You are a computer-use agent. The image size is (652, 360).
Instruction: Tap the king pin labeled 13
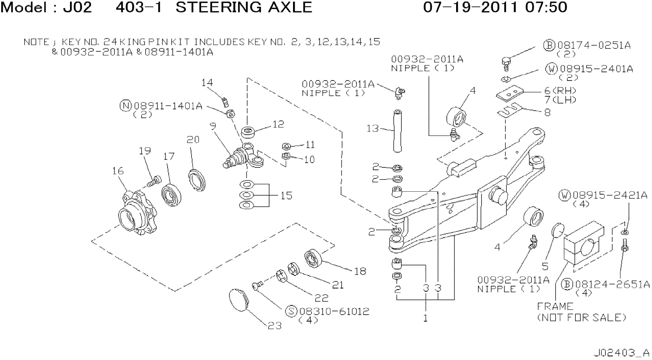pyautogui.click(x=397, y=130)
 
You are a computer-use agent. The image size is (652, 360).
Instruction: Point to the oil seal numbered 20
pyautogui.click(x=197, y=179)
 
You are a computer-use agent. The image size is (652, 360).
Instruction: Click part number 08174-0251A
pyautogui.click(x=594, y=45)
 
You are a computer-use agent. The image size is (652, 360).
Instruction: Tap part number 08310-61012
pyautogui.click(x=334, y=311)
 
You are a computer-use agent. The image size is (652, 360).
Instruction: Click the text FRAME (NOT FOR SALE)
pyautogui.click(x=581, y=312)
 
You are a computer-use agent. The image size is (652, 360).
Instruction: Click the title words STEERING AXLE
pyautogui.click(x=244, y=7)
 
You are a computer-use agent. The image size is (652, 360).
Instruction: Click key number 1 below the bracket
pyautogui.click(x=425, y=318)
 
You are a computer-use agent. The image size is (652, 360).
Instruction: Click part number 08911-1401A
pyautogui.click(x=168, y=106)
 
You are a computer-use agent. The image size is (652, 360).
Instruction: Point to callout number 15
pyautogui.click(x=286, y=195)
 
